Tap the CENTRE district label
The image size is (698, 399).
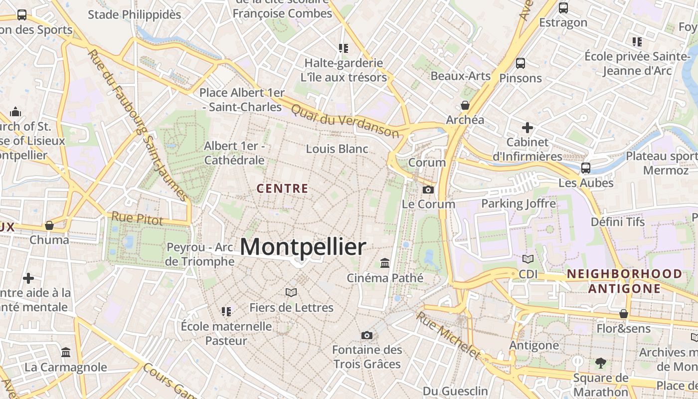282,189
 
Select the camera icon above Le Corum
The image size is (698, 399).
428,190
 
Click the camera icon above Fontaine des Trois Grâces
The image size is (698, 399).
367,335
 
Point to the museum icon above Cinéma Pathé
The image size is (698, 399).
385,263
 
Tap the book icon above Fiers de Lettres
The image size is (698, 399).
291,292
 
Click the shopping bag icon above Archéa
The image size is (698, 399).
465,105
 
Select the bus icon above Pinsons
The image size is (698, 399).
521,63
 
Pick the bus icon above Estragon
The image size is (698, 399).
563,8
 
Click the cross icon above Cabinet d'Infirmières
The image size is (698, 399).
527,128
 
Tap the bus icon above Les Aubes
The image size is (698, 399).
586,168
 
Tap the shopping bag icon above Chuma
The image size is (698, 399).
49,225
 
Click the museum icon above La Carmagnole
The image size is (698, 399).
66,353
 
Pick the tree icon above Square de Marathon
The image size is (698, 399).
600,363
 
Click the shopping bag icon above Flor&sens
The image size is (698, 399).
624,314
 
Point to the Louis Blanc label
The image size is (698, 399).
337,149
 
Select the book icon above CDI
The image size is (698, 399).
528,259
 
